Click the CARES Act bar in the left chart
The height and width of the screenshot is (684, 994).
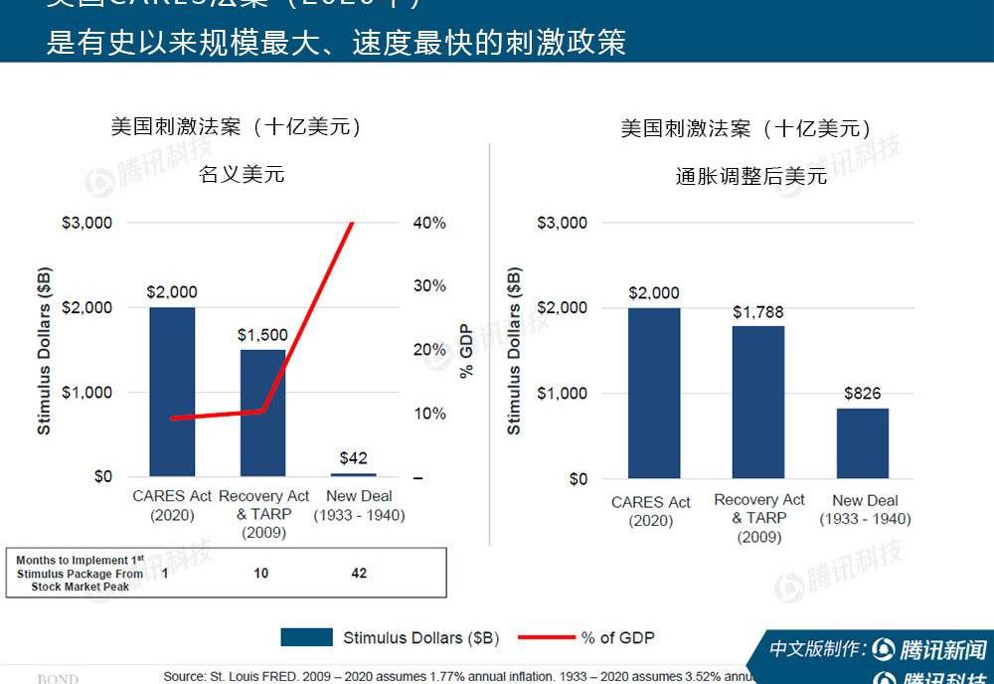pyautogui.click(x=172, y=392)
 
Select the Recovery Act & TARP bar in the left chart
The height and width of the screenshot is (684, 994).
pyautogui.click(x=262, y=413)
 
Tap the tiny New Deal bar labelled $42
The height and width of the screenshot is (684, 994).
pyautogui.click(x=353, y=475)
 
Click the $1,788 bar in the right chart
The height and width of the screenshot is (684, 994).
pyautogui.click(x=758, y=402)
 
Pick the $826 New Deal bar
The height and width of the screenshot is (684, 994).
pyautogui.click(x=862, y=443)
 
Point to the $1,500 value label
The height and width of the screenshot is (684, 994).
pyautogui.click(x=262, y=335)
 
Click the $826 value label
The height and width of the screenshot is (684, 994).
pyautogui.click(x=863, y=394)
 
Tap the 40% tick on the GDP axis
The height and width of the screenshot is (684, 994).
pyautogui.click(x=429, y=223)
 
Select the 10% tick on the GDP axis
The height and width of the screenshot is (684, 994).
pyautogui.click(x=429, y=414)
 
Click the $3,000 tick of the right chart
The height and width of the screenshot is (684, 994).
pyautogui.click(x=563, y=223)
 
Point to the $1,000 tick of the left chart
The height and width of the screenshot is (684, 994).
pyautogui.click(x=88, y=392)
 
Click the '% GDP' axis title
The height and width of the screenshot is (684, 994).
pyautogui.click(x=465, y=350)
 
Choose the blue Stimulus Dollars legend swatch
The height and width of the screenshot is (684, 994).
pyautogui.click(x=306, y=637)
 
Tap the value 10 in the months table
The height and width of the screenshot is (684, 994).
pyautogui.click(x=260, y=574)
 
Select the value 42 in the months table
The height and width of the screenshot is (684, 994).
pyautogui.click(x=359, y=574)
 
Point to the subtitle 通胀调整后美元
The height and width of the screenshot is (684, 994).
pyautogui.click(x=750, y=176)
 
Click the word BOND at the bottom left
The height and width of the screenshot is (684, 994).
pyautogui.click(x=58, y=679)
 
